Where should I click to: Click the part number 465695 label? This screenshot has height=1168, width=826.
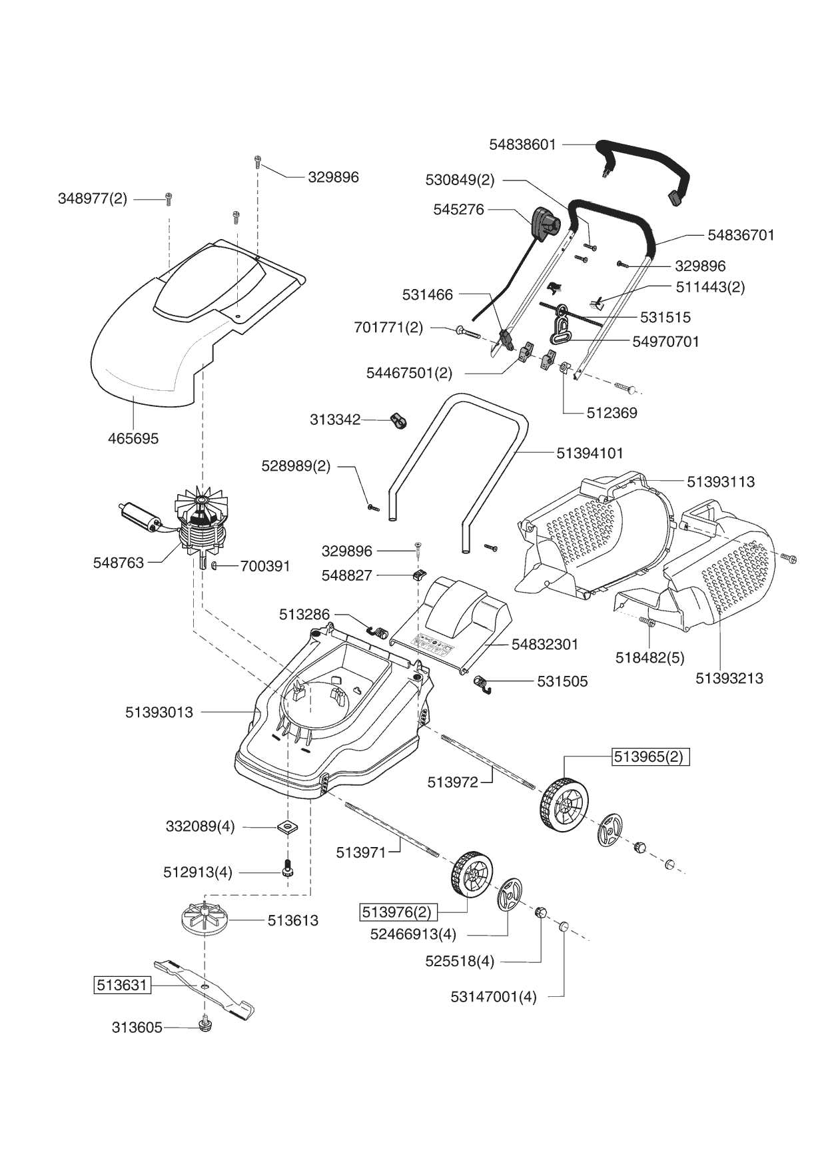pos(133,439)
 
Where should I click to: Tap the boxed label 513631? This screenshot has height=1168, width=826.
pos(121,985)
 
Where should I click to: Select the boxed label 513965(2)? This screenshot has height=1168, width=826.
pos(651,757)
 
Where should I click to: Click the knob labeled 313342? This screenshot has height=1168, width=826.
pos(399,421)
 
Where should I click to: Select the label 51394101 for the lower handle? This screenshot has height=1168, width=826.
pos(590,453)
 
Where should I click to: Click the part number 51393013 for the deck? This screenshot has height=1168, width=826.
pos(159,713)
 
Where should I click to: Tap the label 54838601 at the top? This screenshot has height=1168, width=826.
pos(522,145)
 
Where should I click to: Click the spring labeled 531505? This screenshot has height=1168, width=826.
pos(484,684)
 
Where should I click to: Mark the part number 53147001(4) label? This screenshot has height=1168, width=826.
pos(494,998)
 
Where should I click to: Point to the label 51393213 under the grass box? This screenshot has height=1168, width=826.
pos(729,679)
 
